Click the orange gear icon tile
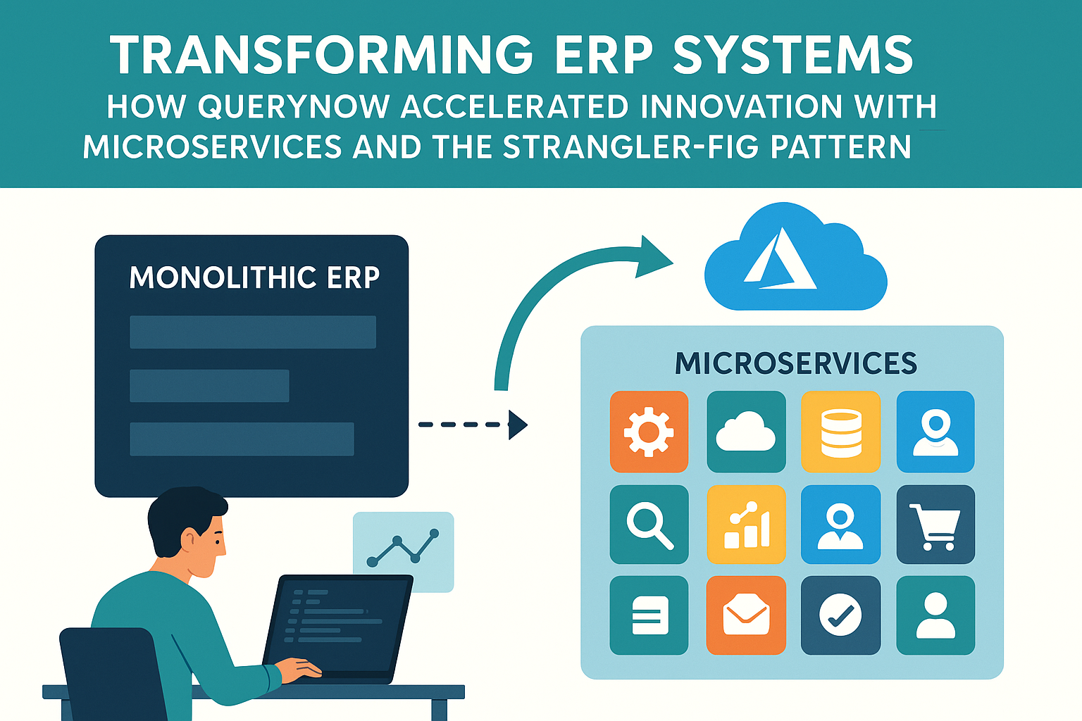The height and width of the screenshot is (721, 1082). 649,432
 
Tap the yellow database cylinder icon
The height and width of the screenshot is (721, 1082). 841,432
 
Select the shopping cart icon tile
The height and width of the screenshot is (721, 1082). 935,525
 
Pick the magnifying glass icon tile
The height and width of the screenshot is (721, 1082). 649,525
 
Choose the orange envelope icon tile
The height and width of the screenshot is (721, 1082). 746,615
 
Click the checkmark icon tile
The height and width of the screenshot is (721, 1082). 841,615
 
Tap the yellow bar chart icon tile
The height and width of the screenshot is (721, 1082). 746,525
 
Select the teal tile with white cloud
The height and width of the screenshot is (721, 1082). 746,432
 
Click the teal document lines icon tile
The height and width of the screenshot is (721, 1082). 649,615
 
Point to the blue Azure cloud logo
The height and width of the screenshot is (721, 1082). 795,258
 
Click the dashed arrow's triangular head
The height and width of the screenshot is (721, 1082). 518,425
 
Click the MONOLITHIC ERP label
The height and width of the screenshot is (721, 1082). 254,277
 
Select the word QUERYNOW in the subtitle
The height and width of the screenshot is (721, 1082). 294,107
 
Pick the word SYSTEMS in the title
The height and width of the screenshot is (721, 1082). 793,55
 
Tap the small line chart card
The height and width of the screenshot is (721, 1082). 403,551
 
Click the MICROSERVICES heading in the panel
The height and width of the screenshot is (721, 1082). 796,363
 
